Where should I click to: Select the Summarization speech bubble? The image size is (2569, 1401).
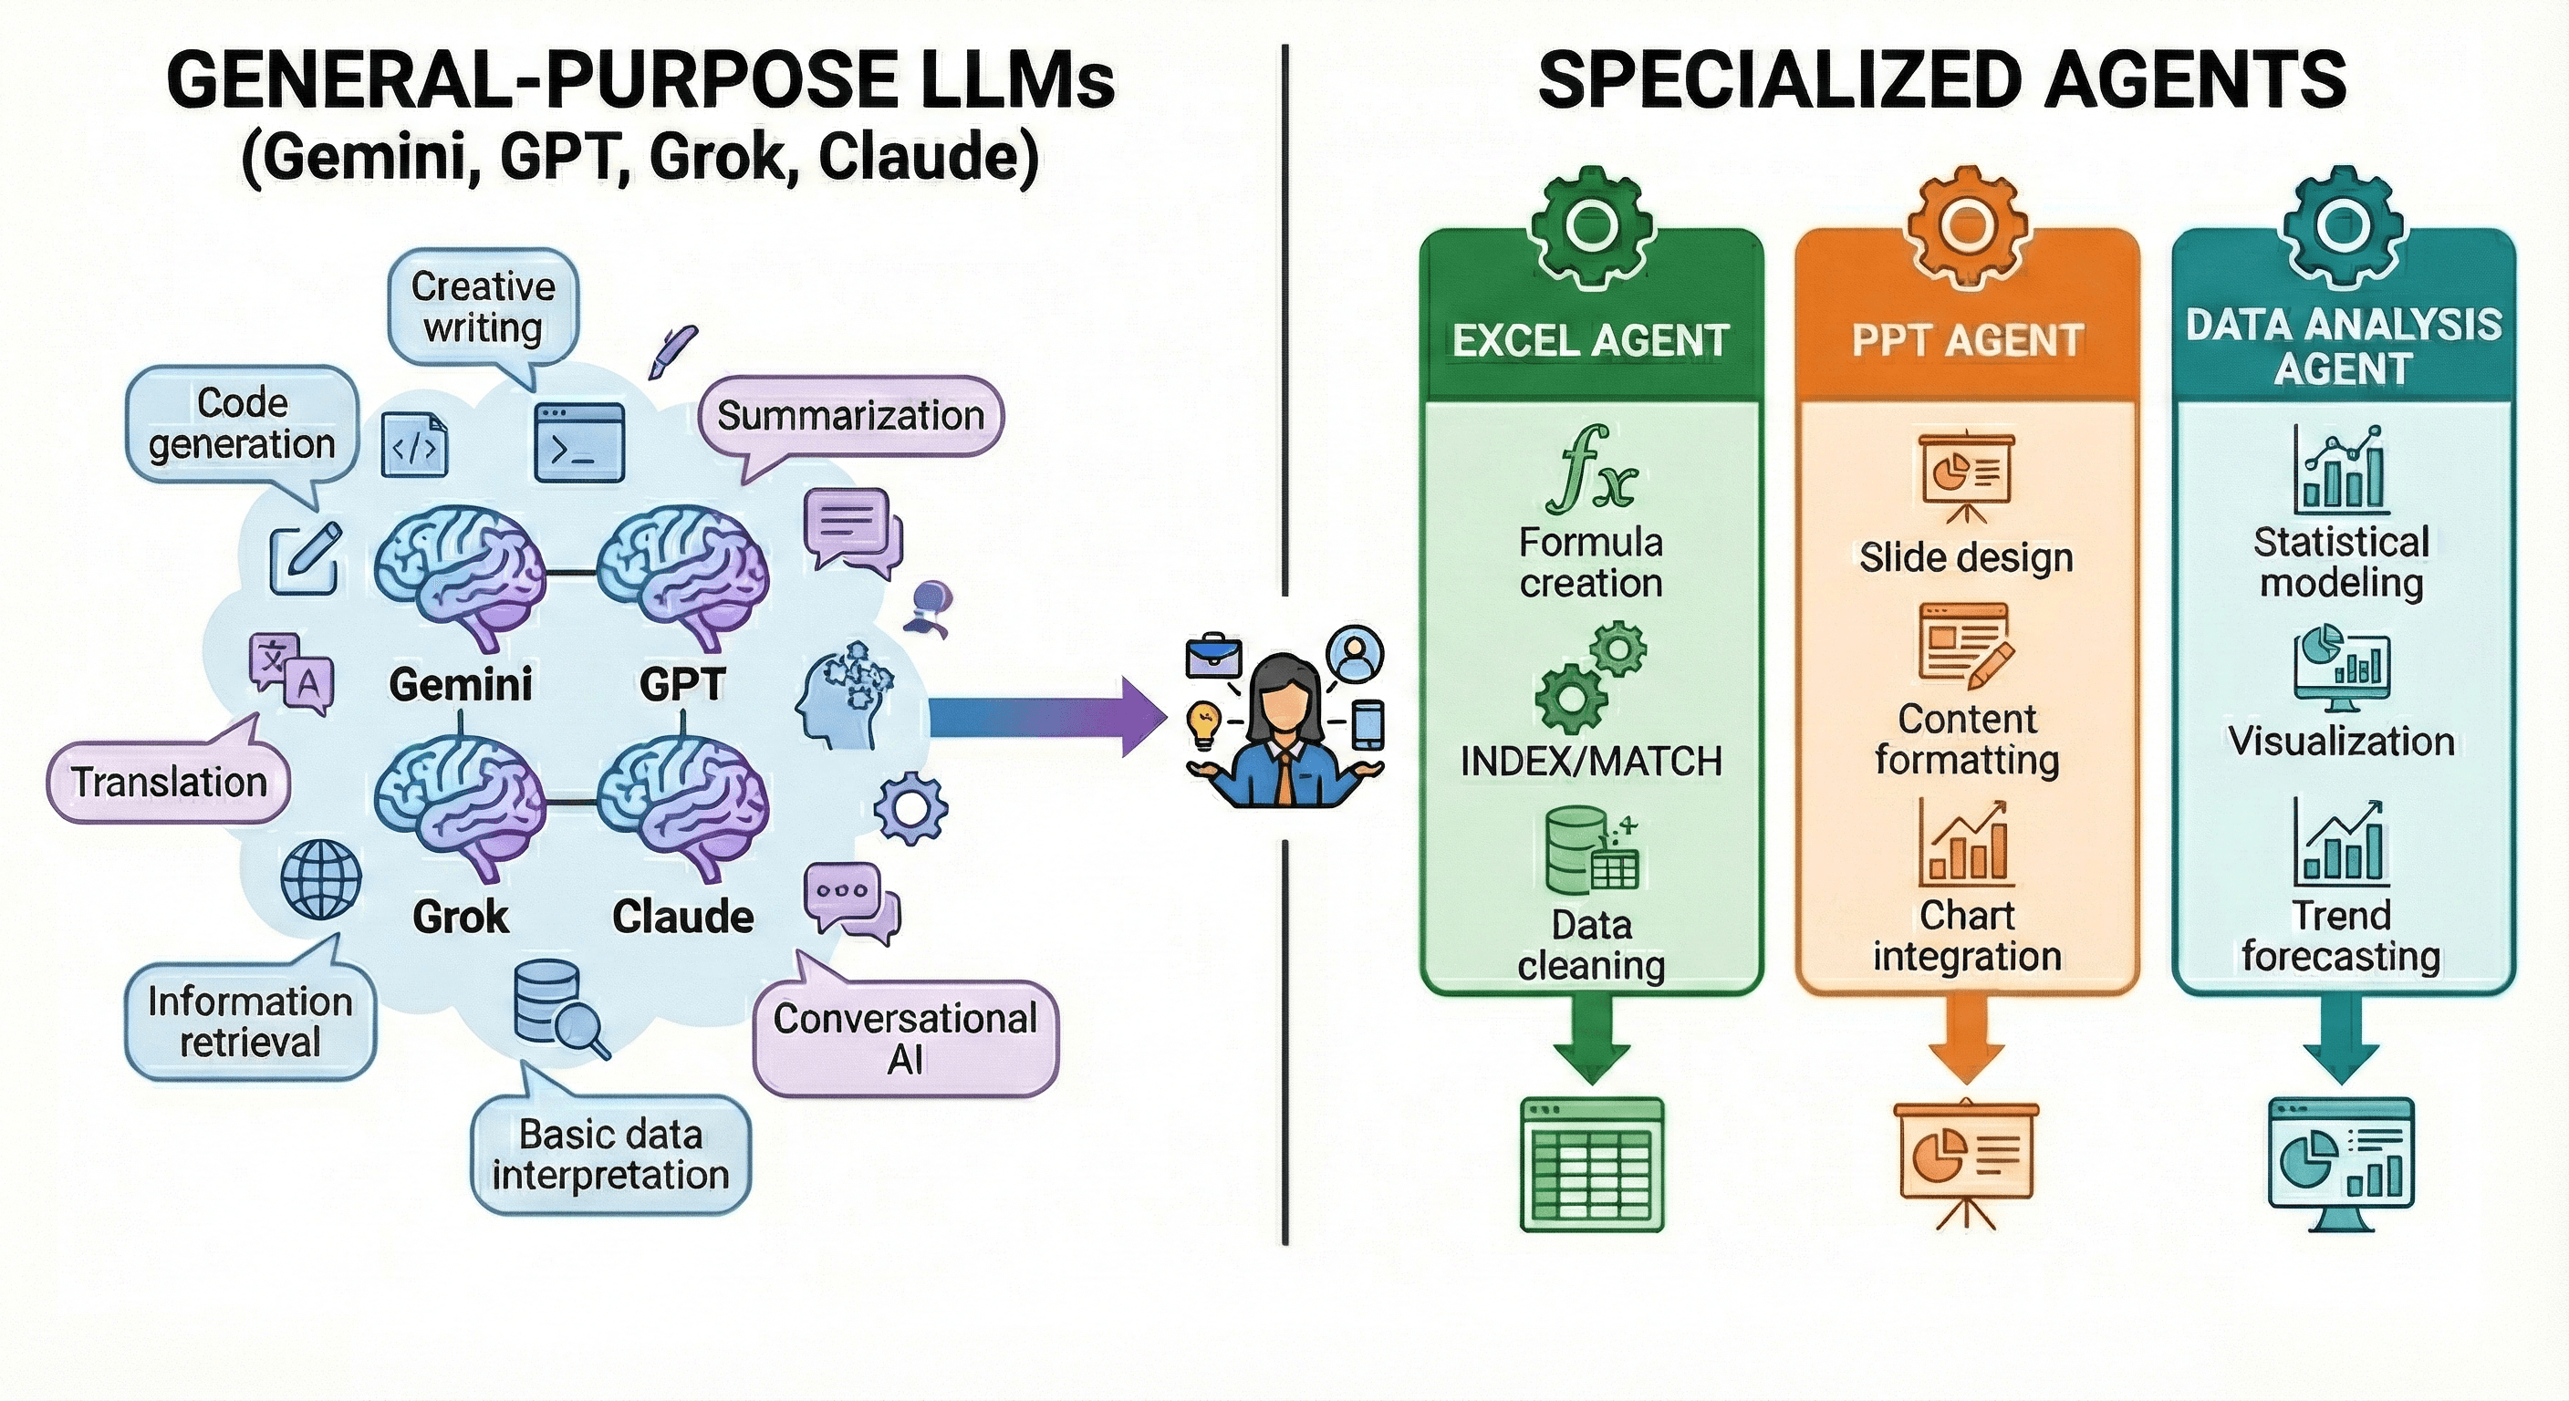point(849,416)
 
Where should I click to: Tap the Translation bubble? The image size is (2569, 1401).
point(169,782)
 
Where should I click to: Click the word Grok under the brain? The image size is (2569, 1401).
point(460,917)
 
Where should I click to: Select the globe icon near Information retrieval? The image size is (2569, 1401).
point(320,878)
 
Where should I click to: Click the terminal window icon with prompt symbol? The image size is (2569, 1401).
point(579,442)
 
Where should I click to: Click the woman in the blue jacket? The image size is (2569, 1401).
point(1285,733)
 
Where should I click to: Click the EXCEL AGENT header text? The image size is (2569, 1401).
point(1590,341)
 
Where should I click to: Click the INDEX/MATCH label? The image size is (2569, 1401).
point(1591,762)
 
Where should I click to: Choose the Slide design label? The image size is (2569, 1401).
point(1966,557)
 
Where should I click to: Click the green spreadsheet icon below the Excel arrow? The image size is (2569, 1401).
point(1592,1165)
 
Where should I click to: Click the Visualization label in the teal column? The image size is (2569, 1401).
point(2341,741)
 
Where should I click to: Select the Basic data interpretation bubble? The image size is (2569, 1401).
point(610,1155)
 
